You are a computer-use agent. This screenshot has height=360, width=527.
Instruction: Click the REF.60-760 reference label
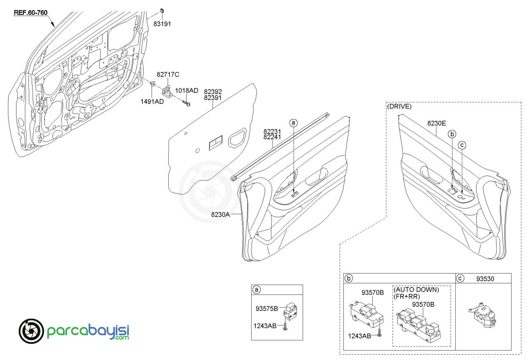coord(30,12)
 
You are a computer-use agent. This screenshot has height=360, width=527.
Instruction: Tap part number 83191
coord(162,24)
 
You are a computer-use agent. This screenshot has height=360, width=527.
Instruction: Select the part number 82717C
coord(168,75)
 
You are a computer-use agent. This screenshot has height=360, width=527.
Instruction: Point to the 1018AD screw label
coord(187,90)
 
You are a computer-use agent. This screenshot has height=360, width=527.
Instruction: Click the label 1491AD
coord(152,101)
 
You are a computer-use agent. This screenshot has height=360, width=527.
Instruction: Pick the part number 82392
coord(213,91)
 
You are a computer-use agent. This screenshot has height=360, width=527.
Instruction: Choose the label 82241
coord(272,137)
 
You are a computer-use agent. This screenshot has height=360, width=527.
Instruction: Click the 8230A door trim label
coord(220,214)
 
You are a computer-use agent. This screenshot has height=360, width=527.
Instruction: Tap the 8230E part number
coord(436,123)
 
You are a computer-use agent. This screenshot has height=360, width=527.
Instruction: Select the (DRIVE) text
coord(399,106)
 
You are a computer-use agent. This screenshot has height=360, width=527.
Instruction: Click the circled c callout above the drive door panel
coord(462,145)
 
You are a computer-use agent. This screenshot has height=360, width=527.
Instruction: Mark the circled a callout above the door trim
coord(294,123)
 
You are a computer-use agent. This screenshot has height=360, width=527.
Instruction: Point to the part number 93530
coord(485,279)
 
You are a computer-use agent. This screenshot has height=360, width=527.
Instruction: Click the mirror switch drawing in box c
coord(482,315)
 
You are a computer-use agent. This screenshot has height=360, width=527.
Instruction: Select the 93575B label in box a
coord(267,309)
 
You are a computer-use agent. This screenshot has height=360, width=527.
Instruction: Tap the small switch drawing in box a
coord(291,312)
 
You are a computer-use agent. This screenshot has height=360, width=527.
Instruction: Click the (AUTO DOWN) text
coord(416,290)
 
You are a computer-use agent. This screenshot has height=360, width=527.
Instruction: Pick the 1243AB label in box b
coord(359,336)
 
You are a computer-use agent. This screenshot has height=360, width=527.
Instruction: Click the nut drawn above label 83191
coord(162,11)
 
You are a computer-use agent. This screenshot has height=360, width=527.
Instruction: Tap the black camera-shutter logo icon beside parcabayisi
coord(31,331)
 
